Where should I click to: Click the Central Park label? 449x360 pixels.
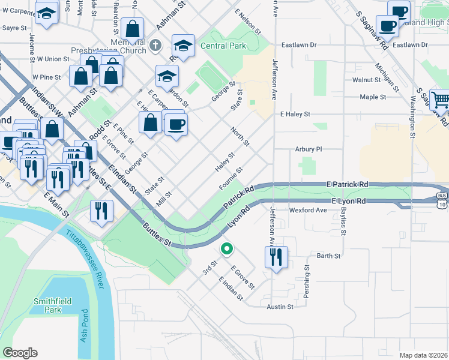pyautogui.click(x=223, y=46)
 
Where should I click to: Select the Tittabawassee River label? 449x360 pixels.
pyautogui.click(x=87, y=253)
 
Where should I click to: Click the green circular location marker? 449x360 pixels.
pyautogui.click(x=226, y=248)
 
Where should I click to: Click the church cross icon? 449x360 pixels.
pyautogui.click(x=155, y=45)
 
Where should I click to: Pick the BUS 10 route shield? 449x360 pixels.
pyautogui.click(x=442, y=200)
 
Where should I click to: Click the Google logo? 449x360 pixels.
pyautogui.click(x=20, y=352)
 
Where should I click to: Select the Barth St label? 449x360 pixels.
pyautogui.click(x=328, y=256)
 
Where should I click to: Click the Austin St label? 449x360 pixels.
pyautogui.click(x=280, y=307)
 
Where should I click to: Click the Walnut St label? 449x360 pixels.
pyautogui.click(x=367, y=80)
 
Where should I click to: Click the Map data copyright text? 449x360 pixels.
pyautogui.click(x=423, y=355)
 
